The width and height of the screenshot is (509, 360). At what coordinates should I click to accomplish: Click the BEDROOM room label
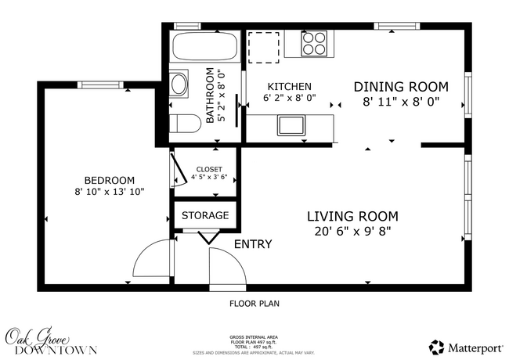coord(109,180)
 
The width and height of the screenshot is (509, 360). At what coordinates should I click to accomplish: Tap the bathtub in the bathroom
coord(204,49)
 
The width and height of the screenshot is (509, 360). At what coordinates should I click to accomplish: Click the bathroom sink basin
coord(179,83)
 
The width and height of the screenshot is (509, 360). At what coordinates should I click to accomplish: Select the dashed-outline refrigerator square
coord(264,46)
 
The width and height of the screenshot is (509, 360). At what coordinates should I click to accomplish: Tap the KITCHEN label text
coord(290,87)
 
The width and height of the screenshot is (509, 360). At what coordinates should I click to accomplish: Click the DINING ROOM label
coord(401,86)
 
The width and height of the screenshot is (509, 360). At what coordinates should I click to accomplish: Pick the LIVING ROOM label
coord(352,216)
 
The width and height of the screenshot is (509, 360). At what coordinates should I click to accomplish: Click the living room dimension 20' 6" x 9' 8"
coord(352,232)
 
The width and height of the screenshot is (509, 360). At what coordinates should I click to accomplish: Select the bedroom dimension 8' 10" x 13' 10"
coord(109,192)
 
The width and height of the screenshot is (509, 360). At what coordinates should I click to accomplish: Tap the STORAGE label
coord(205,215)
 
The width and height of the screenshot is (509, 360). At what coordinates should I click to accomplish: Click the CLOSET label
coord(209,169)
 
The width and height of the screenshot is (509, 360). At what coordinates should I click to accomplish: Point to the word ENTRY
coord(253,245)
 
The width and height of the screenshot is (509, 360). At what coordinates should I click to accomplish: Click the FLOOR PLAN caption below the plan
coord(254,303)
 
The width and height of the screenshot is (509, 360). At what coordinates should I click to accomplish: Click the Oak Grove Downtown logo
coord(50,342)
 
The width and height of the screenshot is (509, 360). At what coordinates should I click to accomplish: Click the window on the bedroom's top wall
coord(97,85)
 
